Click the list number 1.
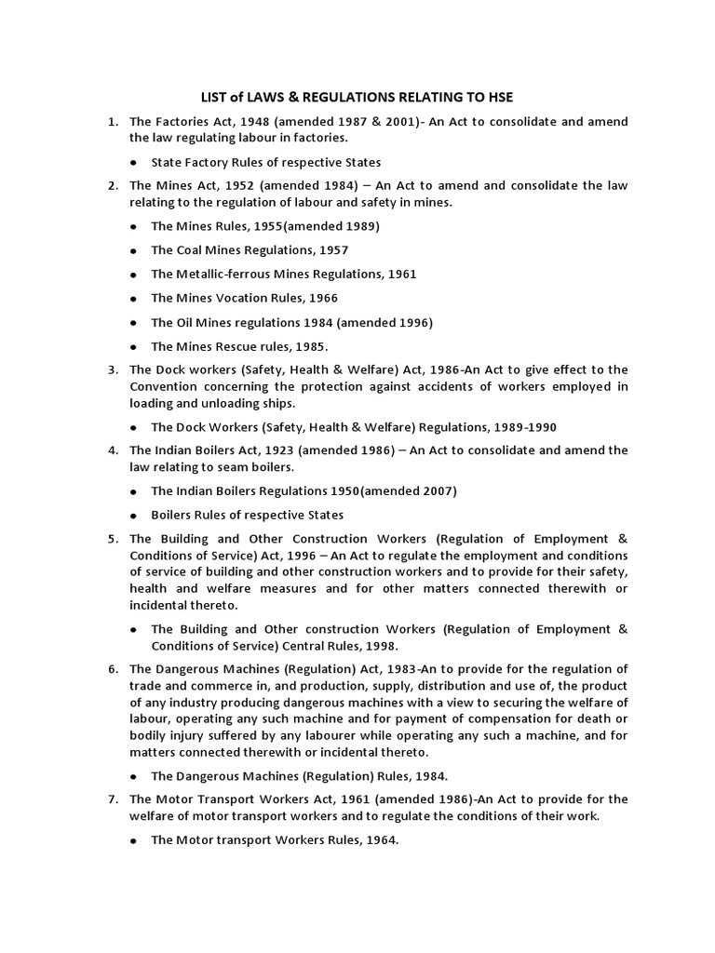point(112,122)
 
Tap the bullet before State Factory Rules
point(134,162)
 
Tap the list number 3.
point(112,369)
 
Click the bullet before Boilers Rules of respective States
point(134,515)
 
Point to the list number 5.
point(112,539)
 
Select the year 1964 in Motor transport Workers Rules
point(378,839)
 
